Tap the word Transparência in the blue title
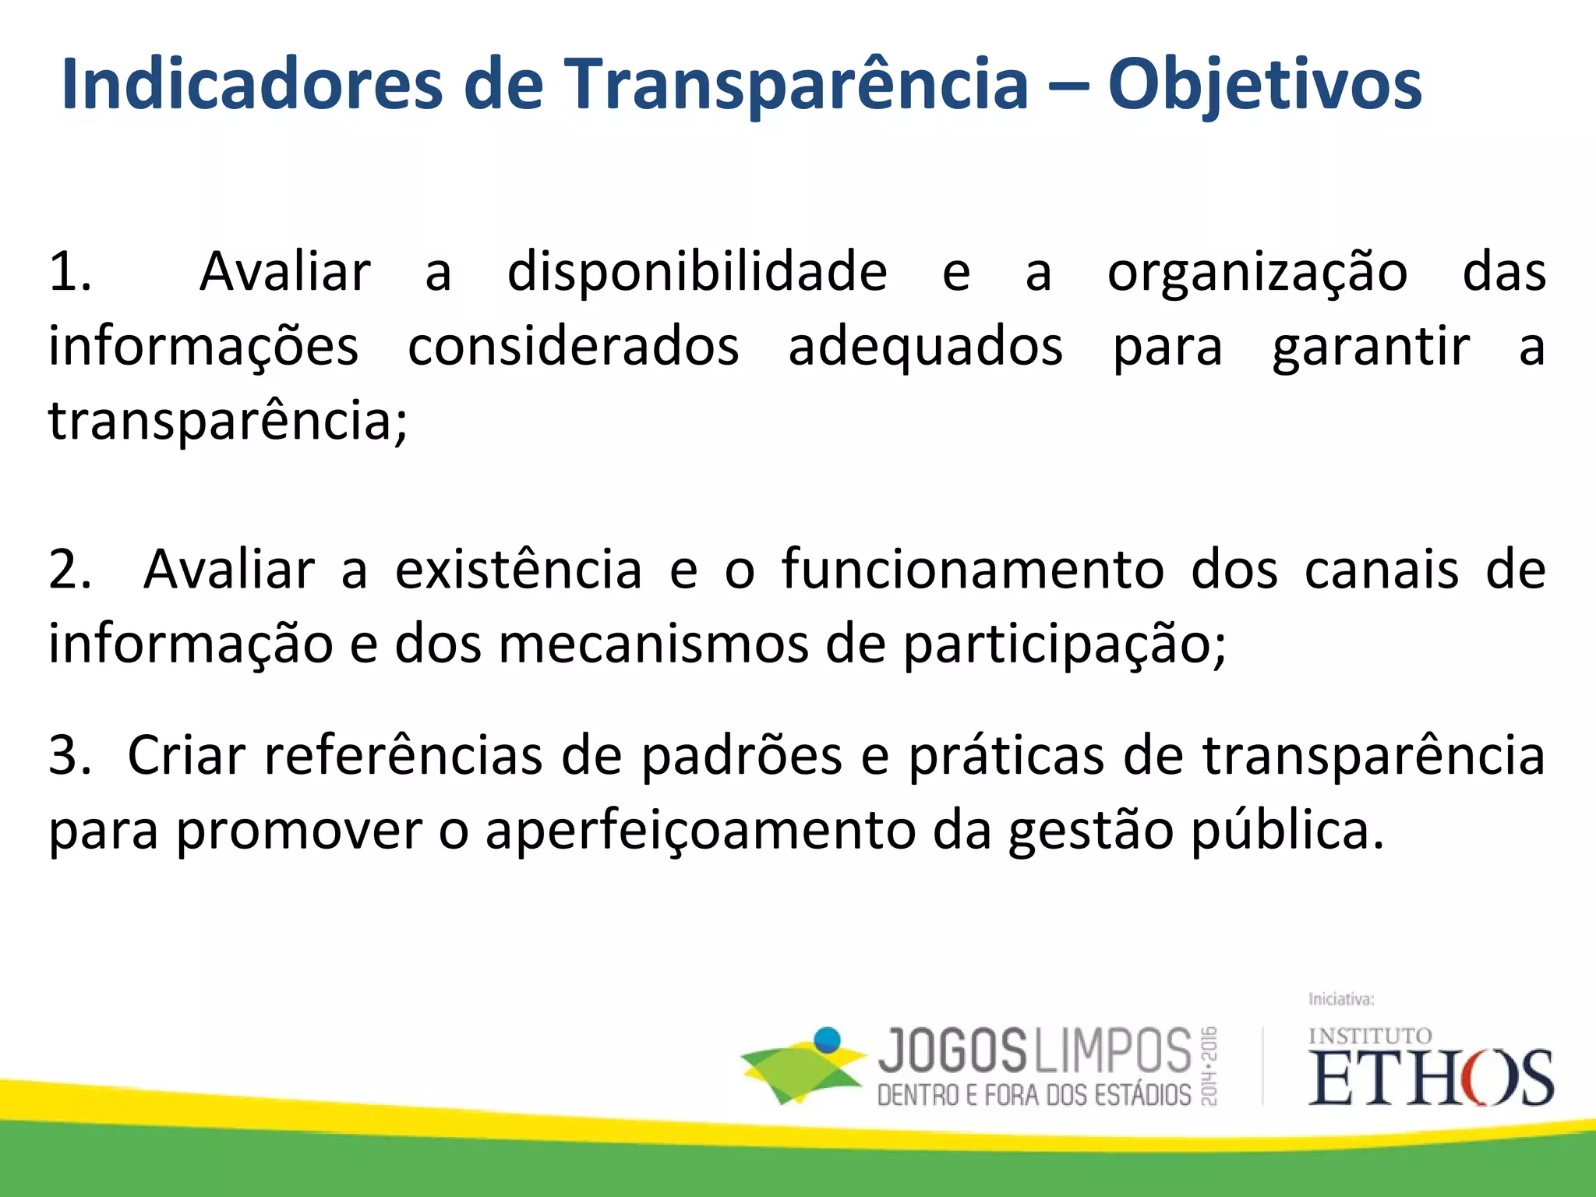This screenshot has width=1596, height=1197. (795, 86)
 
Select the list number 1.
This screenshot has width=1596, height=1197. (70, 273)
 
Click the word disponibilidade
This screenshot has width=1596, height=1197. (697, 273)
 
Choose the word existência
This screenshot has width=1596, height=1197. (518, 570)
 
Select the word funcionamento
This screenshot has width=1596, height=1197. (973, 570)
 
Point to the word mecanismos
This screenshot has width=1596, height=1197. (653, 645)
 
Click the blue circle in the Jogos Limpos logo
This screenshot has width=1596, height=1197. (828, 1040)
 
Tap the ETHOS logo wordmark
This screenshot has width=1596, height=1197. (1430, 1077)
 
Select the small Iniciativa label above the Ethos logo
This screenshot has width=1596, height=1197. (1340, 999)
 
